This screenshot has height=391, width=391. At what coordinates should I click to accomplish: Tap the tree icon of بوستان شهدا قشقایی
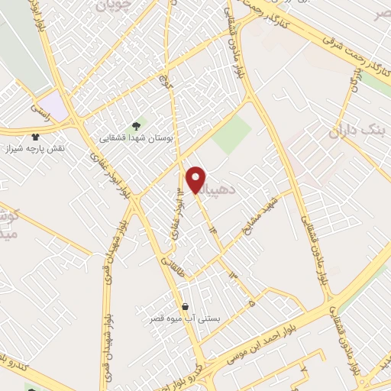click(x=137, y=124)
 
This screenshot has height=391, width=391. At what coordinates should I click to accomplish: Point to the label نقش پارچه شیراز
click(x=34, y=147)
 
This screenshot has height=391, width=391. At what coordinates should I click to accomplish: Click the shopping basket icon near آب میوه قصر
click(x=186, y=305)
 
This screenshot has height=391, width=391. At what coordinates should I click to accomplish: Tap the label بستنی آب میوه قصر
click(x=186, y=318)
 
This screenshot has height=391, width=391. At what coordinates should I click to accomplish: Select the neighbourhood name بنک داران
click(x=359, y=131)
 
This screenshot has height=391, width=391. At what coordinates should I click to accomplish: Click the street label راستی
click(x=39, y=112)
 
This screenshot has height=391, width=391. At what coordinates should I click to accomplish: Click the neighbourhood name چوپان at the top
click(x=115, y=6)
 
